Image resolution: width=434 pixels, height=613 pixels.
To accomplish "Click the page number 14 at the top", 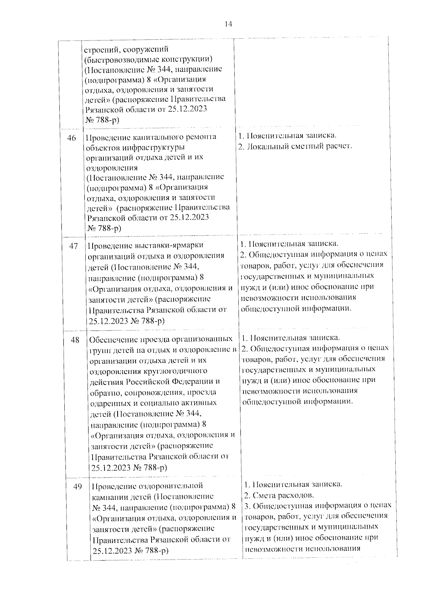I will (x=228, y=24).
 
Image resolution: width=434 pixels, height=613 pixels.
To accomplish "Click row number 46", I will (x=72, y=138).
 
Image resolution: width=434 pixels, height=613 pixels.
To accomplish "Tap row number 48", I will (x=75, y=340).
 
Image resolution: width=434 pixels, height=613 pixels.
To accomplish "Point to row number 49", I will (x=77, y=487).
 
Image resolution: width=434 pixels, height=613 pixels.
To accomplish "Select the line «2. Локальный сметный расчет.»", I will (x=295, y=146).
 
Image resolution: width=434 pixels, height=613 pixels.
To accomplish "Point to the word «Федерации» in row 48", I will (x=196, y=381).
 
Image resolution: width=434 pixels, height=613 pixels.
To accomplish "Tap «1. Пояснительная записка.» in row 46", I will (x=288, y=136).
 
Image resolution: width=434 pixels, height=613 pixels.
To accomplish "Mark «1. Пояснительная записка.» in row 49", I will (x=294, y=484).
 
